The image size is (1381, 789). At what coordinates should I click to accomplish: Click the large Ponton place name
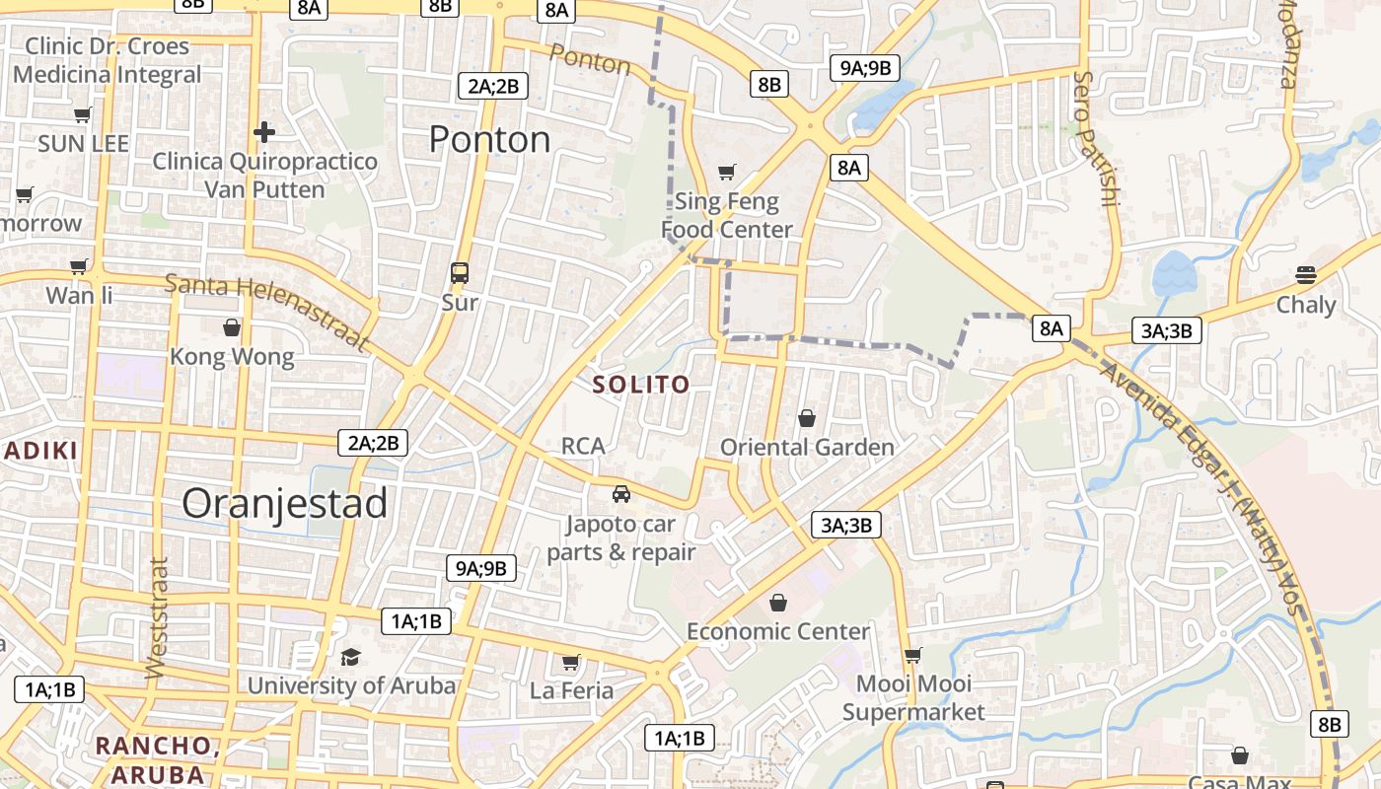click(489, 140)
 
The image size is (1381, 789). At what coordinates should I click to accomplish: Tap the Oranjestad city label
click(284, 504)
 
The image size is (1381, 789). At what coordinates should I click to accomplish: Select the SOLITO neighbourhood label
click(640, 385)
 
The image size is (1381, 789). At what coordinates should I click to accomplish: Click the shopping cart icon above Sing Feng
click(727, 173)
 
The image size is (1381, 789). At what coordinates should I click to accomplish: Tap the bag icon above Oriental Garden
click(807, 418)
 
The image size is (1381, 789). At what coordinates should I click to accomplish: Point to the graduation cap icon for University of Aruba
click(350, 657)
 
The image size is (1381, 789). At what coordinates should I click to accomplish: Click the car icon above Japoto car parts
click(620, 494)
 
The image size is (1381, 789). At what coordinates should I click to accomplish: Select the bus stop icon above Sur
click(460, 273)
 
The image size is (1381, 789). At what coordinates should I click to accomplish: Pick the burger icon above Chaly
click(1306, 275)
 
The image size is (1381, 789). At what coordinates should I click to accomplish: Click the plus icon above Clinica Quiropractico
click(263, 131)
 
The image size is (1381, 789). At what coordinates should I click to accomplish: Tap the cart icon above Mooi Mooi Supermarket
click(913, 655)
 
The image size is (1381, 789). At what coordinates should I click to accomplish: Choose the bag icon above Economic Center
click(778, 603)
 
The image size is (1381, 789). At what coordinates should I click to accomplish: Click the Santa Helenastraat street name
click(266, 311)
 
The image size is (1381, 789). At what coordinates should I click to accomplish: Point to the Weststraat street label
click(158, 618)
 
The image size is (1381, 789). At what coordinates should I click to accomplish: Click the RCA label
click(582, 446)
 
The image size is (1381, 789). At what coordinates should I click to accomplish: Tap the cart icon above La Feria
click(570, 662)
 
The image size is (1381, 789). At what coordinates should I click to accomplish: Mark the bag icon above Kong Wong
click(232, 327)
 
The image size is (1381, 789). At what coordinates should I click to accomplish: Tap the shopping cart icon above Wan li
click(79, 265)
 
